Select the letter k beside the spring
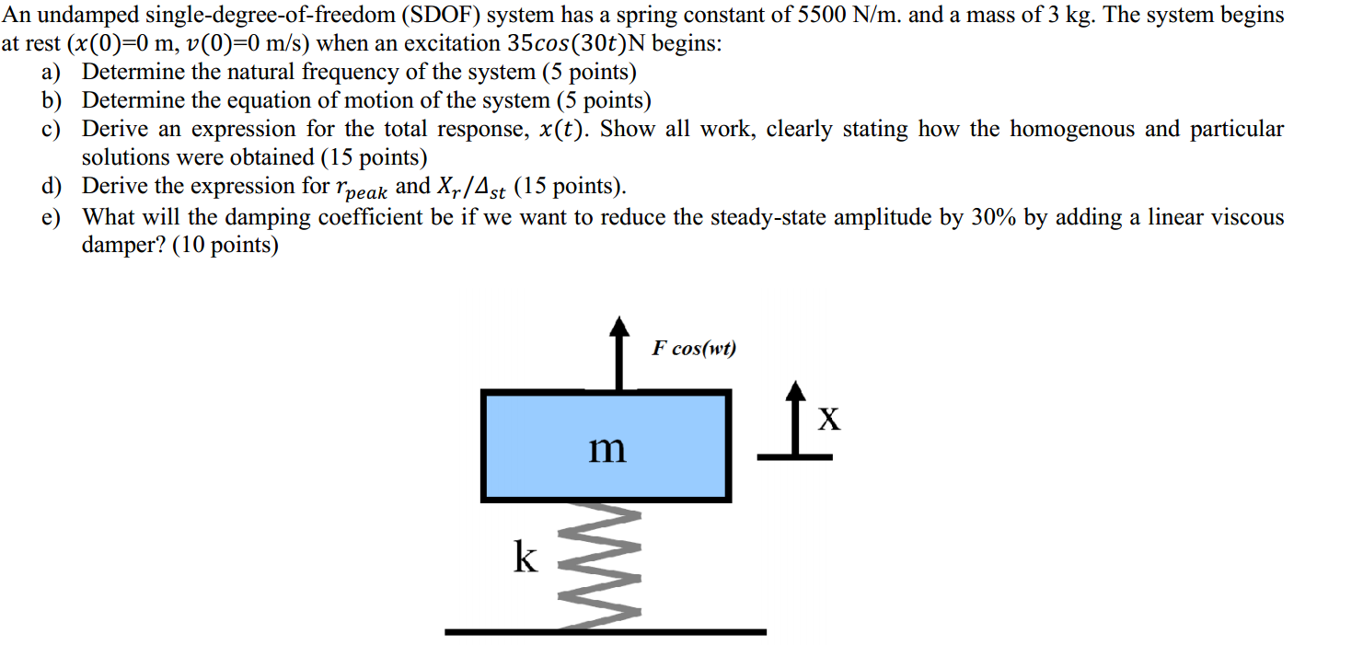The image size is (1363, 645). coord(525,557)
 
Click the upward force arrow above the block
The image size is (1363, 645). coord(621,354)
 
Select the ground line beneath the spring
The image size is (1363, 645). coord(605,632)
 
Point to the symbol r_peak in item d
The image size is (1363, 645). coord(360,189)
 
